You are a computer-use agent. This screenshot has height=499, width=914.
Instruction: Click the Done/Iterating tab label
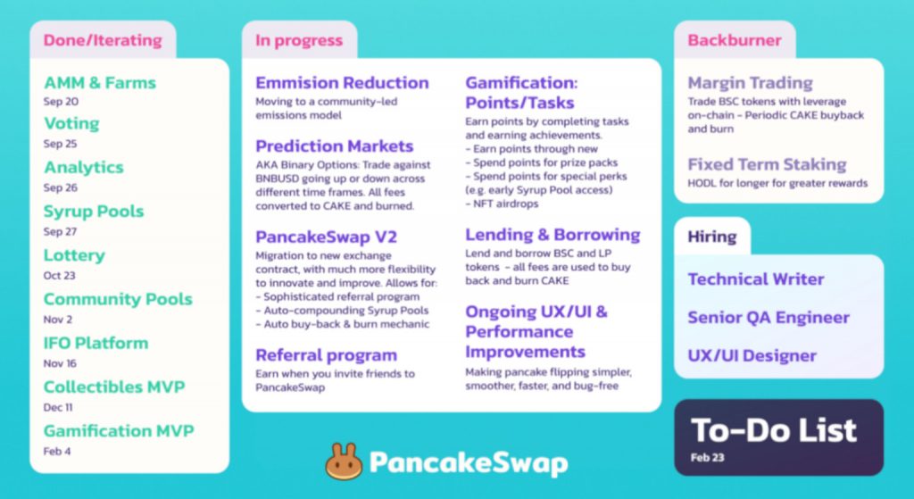pos(103,40)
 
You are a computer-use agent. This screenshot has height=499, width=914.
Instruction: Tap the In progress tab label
pos(299,40)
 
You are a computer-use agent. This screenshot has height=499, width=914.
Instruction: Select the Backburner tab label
pos(735,40)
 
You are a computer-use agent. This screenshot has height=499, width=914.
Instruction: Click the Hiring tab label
pos(711,237)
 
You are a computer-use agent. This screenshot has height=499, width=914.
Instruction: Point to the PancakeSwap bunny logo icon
pos(344,462)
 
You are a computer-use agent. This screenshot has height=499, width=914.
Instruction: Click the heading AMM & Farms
pos(100,83)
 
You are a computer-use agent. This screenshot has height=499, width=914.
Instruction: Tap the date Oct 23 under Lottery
pos(60,275)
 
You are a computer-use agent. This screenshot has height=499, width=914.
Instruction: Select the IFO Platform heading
pos(96,343)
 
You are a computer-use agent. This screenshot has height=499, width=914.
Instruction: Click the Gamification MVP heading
pos(119,431)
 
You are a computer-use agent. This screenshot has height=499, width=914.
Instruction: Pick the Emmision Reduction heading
pos(342,83)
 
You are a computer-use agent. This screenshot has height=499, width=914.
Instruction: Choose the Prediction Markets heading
pos(335,146)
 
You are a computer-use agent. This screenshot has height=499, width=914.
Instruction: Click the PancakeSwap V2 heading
pos(327,237)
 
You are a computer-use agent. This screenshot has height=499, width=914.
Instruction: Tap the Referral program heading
pos(327,355)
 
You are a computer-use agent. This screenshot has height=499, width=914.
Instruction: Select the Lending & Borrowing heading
pos(553,235)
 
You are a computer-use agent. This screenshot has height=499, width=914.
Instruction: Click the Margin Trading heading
pos(750,83)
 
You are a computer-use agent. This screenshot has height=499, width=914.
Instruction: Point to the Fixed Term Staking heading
pos(767,164)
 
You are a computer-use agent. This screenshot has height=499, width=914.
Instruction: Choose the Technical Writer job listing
pos(756,279)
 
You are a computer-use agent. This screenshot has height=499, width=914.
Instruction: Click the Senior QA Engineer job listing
pos(769,318)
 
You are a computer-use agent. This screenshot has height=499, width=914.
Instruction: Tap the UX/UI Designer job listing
pos(752,355)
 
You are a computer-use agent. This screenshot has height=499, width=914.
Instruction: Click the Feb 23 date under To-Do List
pos(707,458)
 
